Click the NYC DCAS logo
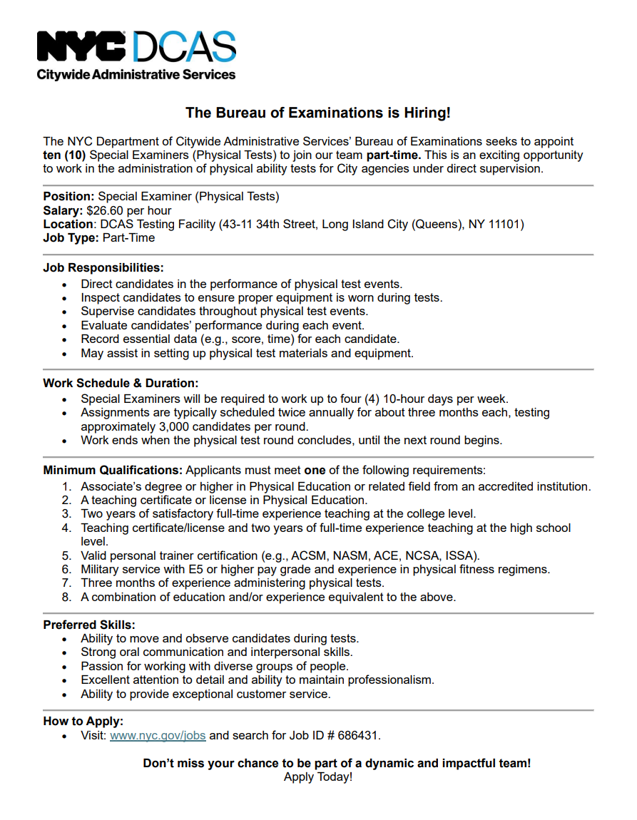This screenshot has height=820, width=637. (136, 55)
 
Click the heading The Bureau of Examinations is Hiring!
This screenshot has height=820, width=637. (318, 113)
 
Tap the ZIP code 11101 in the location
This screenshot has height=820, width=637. (507, 225)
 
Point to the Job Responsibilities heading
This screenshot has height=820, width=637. (103, 268)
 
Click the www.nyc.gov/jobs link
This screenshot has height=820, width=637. (158, 735)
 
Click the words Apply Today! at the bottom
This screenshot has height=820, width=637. (318, 777)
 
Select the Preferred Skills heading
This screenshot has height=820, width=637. (89, 625)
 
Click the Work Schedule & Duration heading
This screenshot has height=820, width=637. (121, 383)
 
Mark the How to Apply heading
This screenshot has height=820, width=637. (83, 721)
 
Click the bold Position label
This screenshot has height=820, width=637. (68, 197)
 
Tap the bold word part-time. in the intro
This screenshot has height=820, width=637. (394, 155)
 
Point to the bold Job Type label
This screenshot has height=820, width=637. (71, 238)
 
